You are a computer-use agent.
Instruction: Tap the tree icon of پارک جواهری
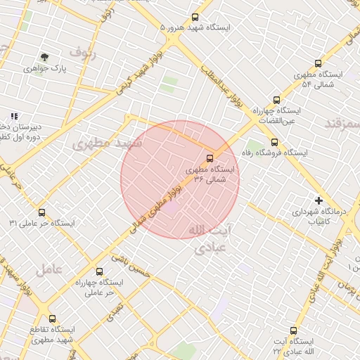(x=45, y=57)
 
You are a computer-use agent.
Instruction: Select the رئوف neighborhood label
(x=83, y=52)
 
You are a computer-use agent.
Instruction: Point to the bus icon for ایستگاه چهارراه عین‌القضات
(x=277, y=100)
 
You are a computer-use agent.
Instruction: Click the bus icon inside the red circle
(x=210, y=157)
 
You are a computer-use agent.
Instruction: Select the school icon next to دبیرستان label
(x=13, y=116)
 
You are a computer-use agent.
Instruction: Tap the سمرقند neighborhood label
(x=342, y=124)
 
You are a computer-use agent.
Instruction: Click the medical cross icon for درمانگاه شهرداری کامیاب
(x=319, y=200)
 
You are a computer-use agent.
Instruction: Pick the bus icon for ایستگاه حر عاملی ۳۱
(x=41, y=212)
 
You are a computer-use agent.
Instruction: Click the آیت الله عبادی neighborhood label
(x=211, y=239)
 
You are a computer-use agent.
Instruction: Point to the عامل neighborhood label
(x=49, y=269)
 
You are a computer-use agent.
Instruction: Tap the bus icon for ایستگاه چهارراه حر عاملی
(x=98, y=271)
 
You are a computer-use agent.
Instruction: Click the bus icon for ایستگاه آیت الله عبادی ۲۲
(x=293, y=330)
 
